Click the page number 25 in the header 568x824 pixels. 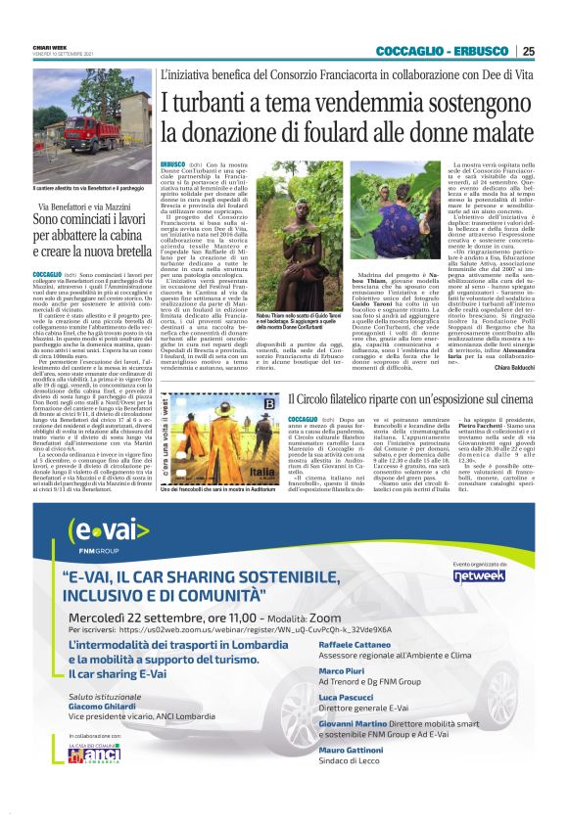(528, 52)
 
